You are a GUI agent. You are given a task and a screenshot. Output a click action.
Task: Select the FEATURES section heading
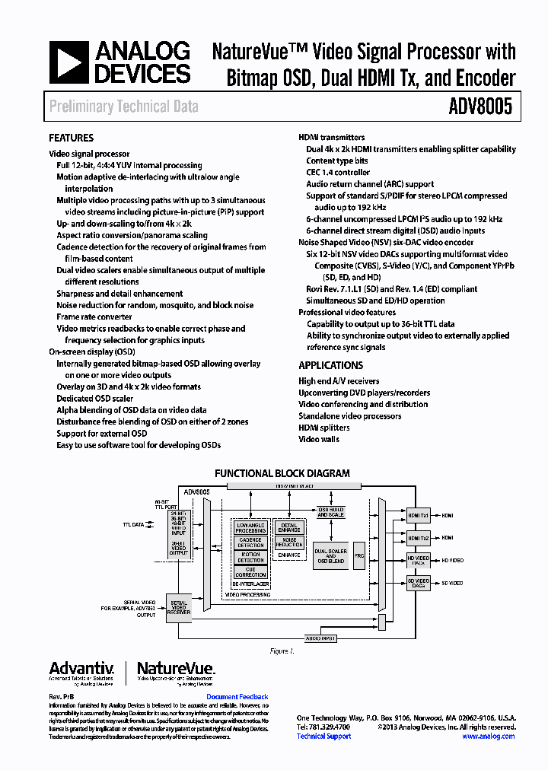coord(71,138)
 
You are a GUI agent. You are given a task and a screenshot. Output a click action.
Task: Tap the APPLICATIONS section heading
coord(330,365)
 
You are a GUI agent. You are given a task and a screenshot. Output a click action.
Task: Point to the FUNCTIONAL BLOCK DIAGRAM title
coord(282,473)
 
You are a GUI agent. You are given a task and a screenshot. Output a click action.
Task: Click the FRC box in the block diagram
coord(359,555)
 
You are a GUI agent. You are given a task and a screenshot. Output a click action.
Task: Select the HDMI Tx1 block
coord(418,516)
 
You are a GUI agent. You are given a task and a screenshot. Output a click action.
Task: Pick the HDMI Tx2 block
coord(418,538)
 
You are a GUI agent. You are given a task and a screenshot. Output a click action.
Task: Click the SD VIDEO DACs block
coord(418,583)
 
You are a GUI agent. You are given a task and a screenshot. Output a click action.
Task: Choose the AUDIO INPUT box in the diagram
coord(320,638)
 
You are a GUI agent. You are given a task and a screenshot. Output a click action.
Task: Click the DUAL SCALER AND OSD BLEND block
coord(330,555)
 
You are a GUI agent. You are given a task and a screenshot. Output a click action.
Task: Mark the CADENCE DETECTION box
coord(250,542)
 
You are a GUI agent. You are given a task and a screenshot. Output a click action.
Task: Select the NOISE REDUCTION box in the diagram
coord(289,542)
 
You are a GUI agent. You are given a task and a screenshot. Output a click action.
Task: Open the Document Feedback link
coord(237,697)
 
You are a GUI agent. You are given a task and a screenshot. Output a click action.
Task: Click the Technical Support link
coord(323,737)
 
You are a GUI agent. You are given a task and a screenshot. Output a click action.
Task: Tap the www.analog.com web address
coord(488,737)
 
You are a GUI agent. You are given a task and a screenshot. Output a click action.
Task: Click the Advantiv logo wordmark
coord(81,669)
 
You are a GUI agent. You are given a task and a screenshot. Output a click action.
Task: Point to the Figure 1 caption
coord(281,651)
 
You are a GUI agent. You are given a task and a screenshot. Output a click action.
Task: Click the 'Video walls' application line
coord(319,439)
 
